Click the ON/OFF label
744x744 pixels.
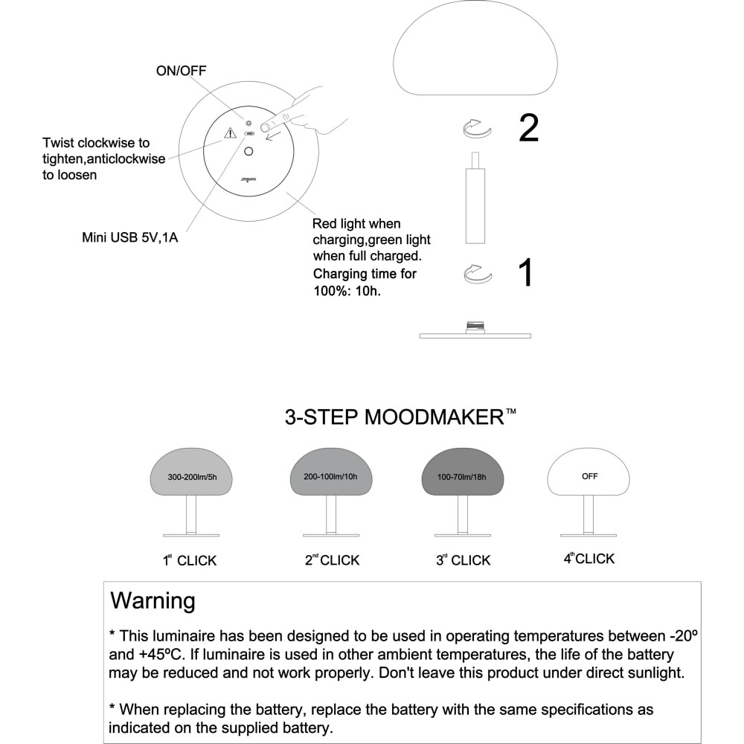click(181, 71)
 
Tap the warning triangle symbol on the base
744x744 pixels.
click(231, 133)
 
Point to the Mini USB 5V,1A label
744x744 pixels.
click(129, 239)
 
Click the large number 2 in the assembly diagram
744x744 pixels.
click(528, 129)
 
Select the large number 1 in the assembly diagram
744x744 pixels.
click(525, 273)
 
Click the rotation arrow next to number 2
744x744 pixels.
click(477, 129)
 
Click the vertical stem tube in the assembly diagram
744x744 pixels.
click(475, 205)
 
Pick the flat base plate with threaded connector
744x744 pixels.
click(475, 334)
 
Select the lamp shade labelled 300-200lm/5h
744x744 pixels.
click(192, 473)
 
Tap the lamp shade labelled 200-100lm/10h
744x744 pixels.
click(331, 473)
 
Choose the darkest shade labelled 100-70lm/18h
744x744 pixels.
click(463, 473)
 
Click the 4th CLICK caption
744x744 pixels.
click(589, 559)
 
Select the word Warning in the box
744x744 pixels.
click(153, 600)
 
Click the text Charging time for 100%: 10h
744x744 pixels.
click(365, 281)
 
